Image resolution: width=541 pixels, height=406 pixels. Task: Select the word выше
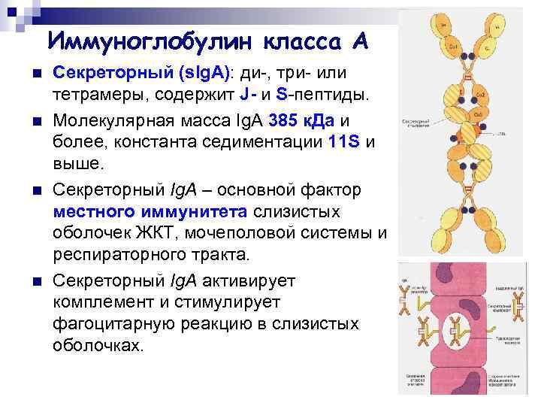pyautogui.click(x=75, y=164)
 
